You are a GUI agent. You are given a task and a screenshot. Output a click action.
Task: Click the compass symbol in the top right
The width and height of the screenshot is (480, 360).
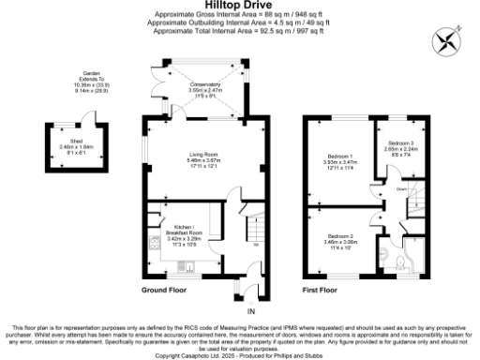click(445, 40)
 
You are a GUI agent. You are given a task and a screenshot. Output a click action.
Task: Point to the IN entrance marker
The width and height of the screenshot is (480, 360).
click(250, 309)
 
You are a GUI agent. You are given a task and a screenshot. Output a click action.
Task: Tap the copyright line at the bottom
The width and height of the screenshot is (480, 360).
click(239, 355)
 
